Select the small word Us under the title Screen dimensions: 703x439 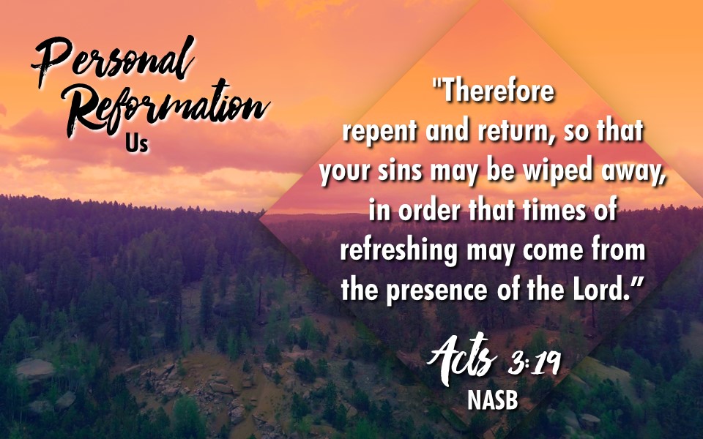coord(137,144)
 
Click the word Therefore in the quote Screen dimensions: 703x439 coord(494,91)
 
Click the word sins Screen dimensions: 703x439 coord(400,171)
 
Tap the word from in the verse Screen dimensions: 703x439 coord(618,250)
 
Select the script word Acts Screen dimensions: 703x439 coord(462,360)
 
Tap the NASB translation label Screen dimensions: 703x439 coord(493,400)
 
